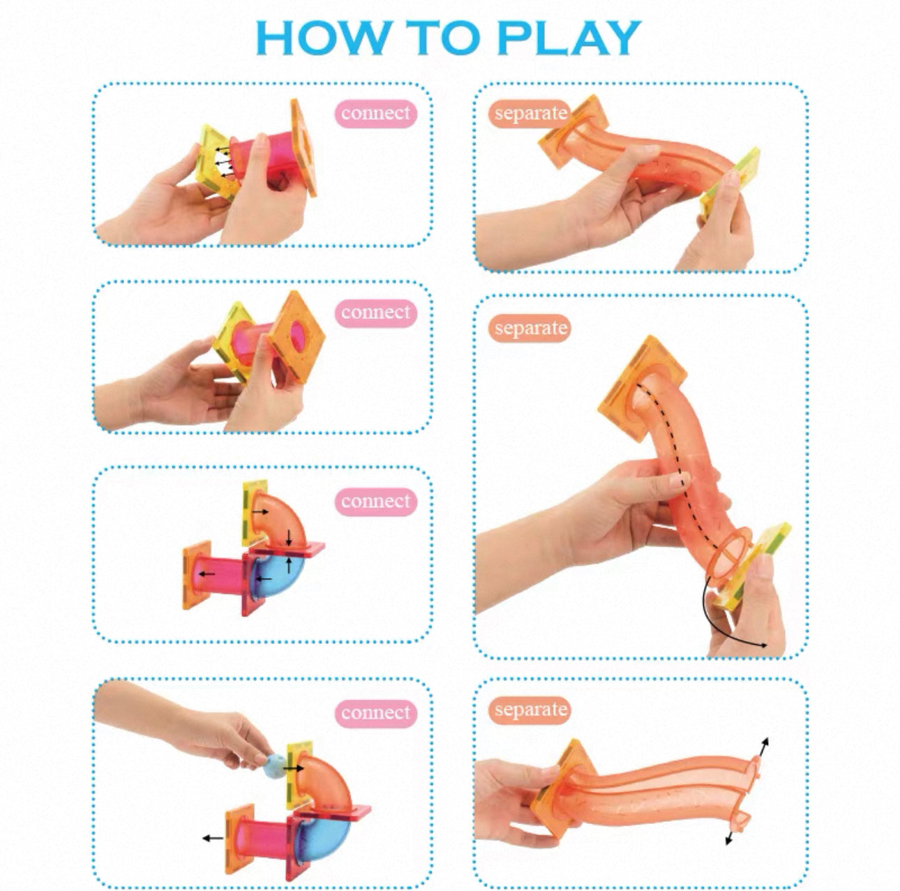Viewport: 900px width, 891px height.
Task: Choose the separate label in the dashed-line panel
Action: [x=530, y=328]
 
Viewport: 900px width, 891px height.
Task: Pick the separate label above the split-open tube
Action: [x=530, y=710]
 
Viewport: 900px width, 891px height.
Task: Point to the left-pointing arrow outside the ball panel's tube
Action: [x=213, y=838]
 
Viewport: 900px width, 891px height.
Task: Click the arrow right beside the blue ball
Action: [x=293, y=768]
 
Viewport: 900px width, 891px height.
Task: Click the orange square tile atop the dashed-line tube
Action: [x=642, y=389]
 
